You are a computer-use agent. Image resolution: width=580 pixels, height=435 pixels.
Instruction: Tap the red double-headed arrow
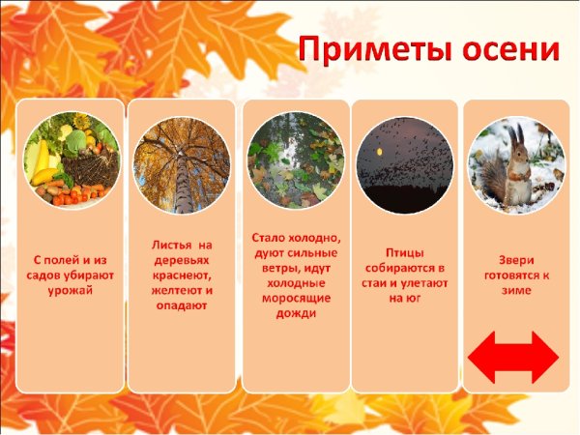512,356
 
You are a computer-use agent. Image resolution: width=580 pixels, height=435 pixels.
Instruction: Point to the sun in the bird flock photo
380,154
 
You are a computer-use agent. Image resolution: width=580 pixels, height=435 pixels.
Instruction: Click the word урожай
69,290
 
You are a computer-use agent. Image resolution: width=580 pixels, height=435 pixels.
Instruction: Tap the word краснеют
181,275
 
